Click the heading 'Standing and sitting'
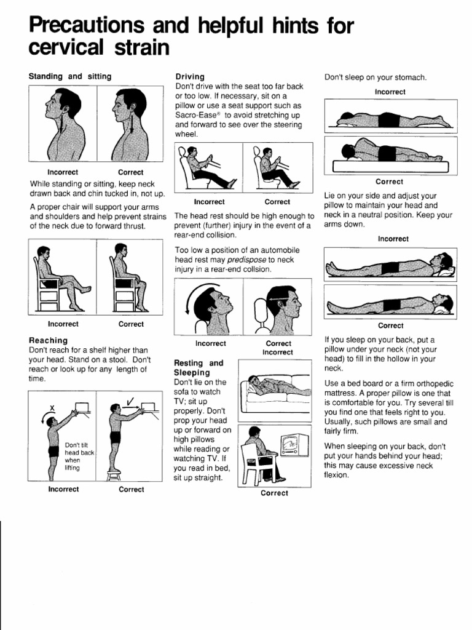coord(70,76)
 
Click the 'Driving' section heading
coord(190,76)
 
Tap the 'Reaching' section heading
coord(49,340)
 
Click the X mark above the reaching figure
coord(53,407)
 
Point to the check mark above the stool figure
coord(130,402)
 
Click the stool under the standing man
coord(114,474)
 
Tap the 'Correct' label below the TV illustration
coord(274,493)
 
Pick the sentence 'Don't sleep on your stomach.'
coord(376,78)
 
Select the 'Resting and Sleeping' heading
coord(199,368)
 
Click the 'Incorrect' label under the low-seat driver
coord(209,202)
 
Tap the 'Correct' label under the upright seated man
coord(131,324)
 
